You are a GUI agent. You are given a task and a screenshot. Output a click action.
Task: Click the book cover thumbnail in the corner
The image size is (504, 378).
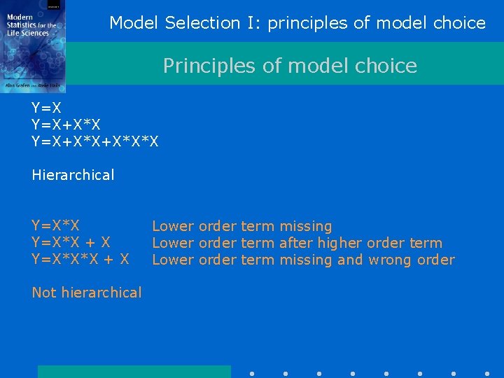click(33, 45)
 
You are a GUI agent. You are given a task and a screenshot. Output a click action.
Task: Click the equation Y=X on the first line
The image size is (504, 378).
click(47, 108)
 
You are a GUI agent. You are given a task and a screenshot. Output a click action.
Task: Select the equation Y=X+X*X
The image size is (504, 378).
click(66, 125)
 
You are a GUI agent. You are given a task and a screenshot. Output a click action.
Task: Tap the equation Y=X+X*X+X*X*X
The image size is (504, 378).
click(95, 141)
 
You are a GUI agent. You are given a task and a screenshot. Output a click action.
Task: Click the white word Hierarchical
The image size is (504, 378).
click(73, 175)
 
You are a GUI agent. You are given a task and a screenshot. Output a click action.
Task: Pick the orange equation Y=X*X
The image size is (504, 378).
click(55, 226)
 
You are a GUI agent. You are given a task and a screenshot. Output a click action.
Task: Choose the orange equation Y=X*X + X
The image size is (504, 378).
click(71, 243)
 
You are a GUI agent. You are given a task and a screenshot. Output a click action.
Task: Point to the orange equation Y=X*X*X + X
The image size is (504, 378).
click(80, 260)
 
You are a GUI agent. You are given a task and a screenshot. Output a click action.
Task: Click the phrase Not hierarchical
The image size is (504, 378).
click(87, 293)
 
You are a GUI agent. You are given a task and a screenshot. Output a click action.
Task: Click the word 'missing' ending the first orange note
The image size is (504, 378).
click(305, 226)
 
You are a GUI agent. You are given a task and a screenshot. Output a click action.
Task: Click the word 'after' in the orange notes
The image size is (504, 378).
click(295, 243)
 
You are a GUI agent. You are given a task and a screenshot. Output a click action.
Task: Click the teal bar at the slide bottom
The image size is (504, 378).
click(134, 372)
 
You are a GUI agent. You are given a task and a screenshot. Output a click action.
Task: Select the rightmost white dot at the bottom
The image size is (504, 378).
click(487, 374)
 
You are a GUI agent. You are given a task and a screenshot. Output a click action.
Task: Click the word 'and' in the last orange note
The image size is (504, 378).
click(350, 260)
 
